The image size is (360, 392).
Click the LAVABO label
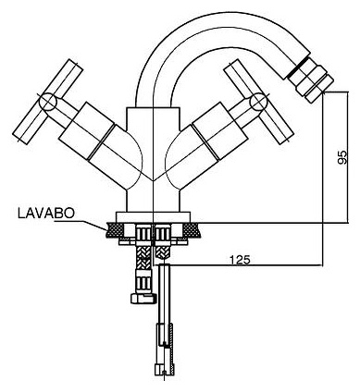[x=46, y=214]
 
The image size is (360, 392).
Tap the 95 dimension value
[x=342, y=157]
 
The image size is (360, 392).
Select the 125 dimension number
[x=240, y=260]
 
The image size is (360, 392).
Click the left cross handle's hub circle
[x=48, y=101]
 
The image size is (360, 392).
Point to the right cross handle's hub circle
[x=257, y=102]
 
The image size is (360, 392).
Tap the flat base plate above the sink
[x=153, y=216]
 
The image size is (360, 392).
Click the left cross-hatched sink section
[x=114, y=230]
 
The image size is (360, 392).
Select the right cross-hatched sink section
[x=192, y=229]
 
